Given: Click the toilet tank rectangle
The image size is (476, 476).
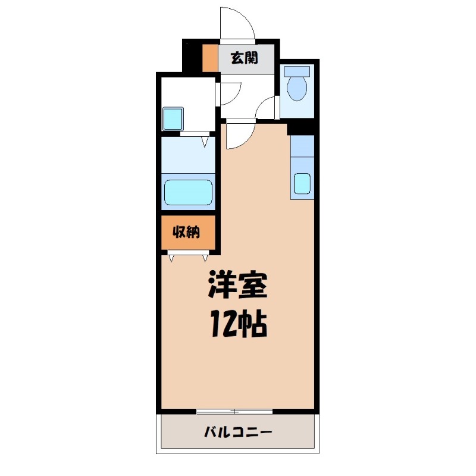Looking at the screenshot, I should tap(297, 71).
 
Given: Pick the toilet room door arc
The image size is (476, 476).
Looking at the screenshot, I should tap(268, 107).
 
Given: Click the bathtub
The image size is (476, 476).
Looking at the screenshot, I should tap(189, 192).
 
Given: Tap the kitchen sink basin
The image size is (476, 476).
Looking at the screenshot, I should tap(302, 184).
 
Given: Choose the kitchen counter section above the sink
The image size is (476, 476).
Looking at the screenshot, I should tap(302, 146).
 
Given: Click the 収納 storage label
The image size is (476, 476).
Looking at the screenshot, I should tap(186, 232).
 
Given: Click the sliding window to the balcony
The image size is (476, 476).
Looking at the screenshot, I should tap(235, 411).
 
